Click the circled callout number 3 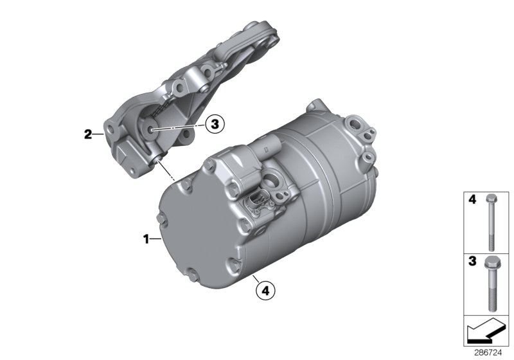[x=215, y=125]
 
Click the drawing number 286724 [x=492, y=353]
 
